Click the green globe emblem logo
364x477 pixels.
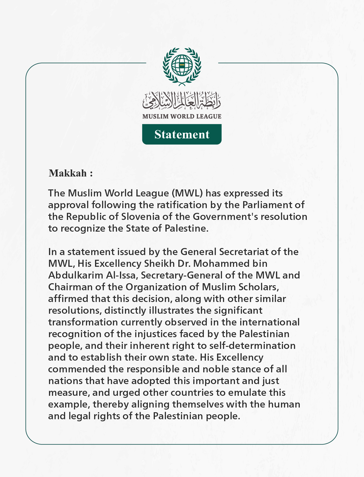[182, 66]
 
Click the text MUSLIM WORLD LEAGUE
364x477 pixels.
[182, 116]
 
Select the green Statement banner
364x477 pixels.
[182, 134]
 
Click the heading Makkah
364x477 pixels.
[68, 173]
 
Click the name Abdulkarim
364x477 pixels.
[74, 275]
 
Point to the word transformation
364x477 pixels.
[83, 322]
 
